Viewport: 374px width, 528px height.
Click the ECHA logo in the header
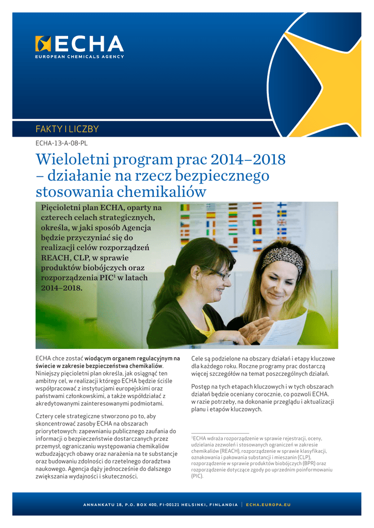coord(79,43)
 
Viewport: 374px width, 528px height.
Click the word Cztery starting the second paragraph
coord(45,416)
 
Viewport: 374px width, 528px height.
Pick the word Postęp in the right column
coord(201,386)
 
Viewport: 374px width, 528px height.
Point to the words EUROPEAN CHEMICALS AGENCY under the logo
coord(79,56)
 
